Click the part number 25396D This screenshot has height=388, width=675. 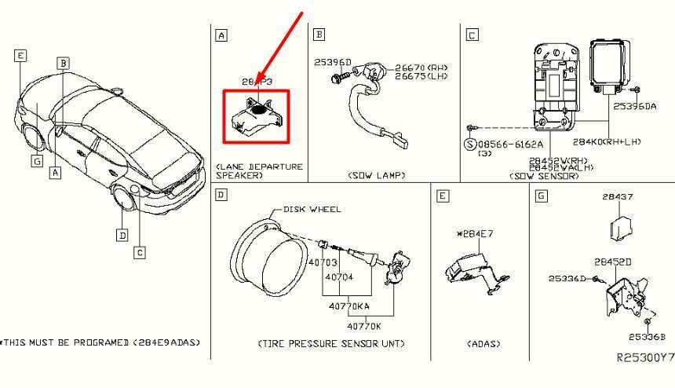333,61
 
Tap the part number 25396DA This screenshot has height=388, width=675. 634,105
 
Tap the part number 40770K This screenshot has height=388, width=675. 364,325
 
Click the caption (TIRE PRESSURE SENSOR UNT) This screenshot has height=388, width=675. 331,344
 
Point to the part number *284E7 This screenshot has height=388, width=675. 473,233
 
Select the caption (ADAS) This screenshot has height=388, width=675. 483,344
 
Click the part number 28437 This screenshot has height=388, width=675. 618,197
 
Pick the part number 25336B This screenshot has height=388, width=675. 646,337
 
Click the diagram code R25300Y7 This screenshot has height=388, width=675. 644,357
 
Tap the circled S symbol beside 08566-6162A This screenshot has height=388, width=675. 469,145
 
